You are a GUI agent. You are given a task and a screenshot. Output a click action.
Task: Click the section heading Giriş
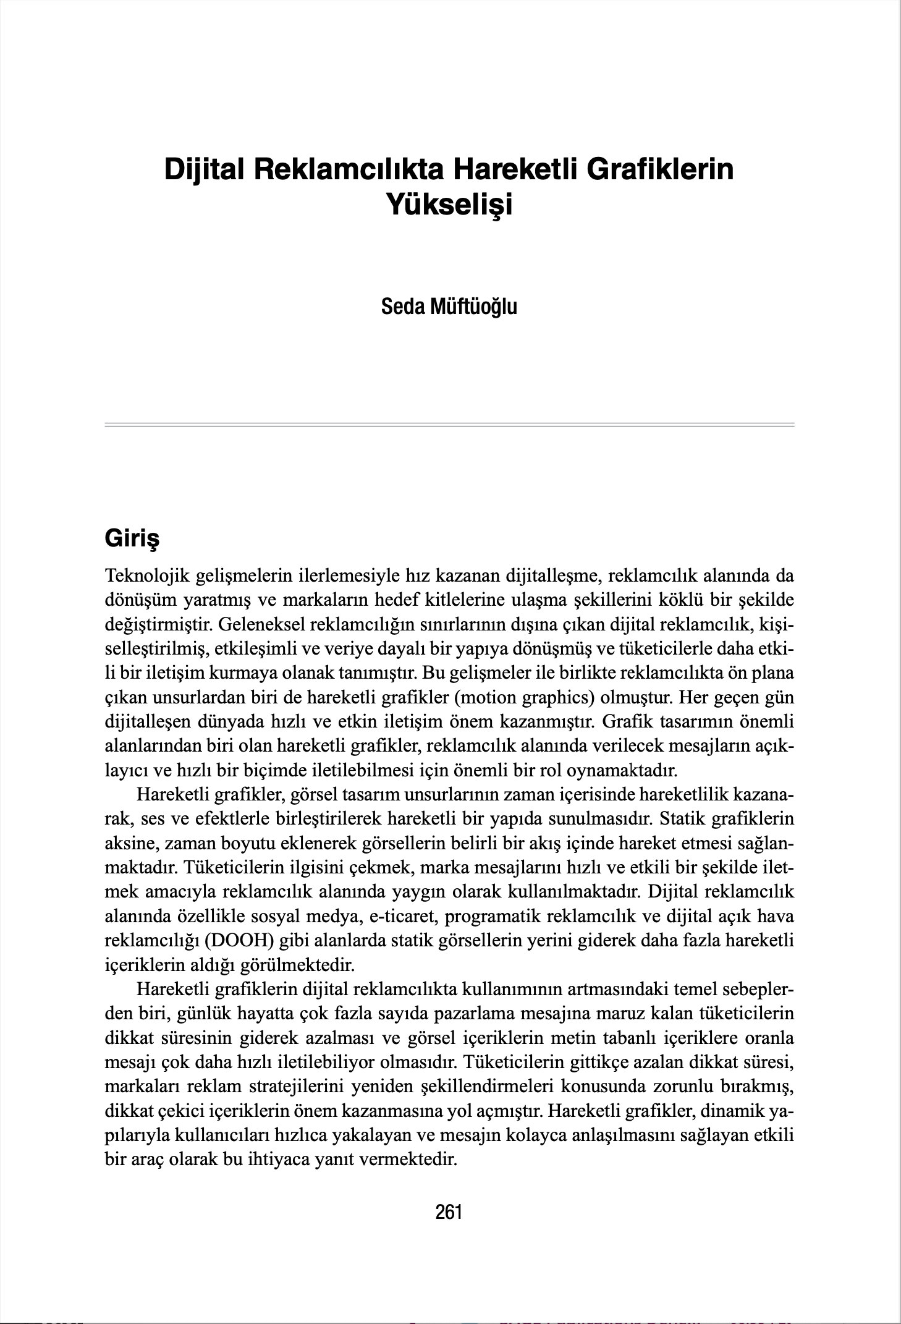coord(132,538)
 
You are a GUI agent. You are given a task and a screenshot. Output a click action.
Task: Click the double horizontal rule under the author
coord(449,424)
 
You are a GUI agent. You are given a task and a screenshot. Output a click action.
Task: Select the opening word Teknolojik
coord(147,576)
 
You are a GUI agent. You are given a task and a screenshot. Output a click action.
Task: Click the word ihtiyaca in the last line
coord(279,1159)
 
